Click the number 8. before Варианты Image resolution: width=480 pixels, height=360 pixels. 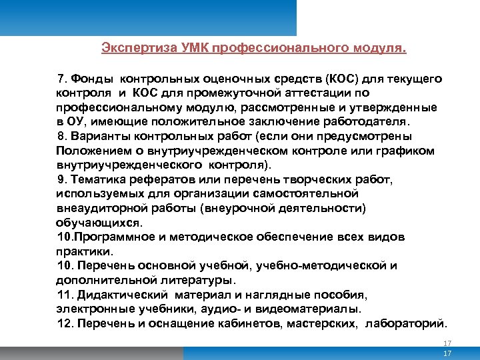[64, 137]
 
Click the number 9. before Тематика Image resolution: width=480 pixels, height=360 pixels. [64, 180]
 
